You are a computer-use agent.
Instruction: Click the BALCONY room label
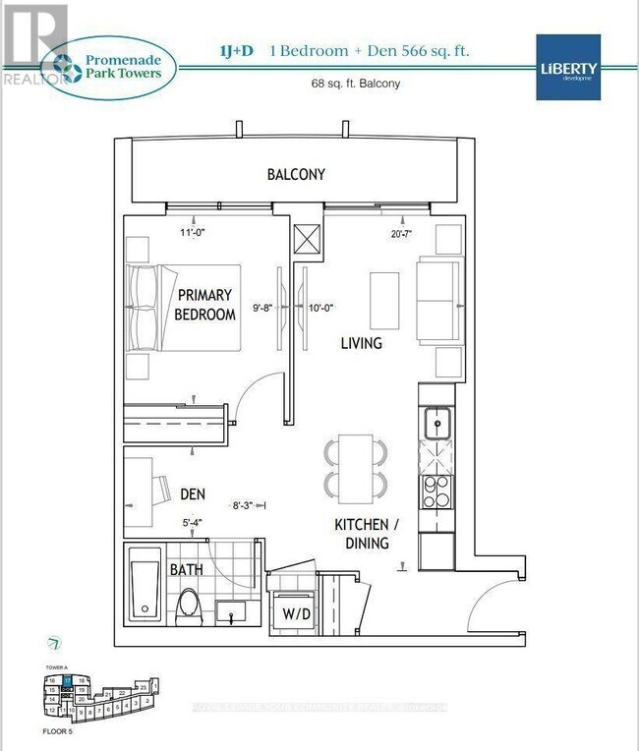(x=296, y=175)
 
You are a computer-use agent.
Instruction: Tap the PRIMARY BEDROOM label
(x=204, y=305)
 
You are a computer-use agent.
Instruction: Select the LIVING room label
(x=361, y=344)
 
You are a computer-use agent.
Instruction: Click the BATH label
(x=188, y=569)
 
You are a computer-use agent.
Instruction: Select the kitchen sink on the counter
(x=436, y=424)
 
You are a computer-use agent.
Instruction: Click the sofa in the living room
(x=438, y=297)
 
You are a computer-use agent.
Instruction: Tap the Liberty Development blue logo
(x=568, y=66)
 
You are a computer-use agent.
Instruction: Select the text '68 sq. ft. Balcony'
(x=353, y=84)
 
